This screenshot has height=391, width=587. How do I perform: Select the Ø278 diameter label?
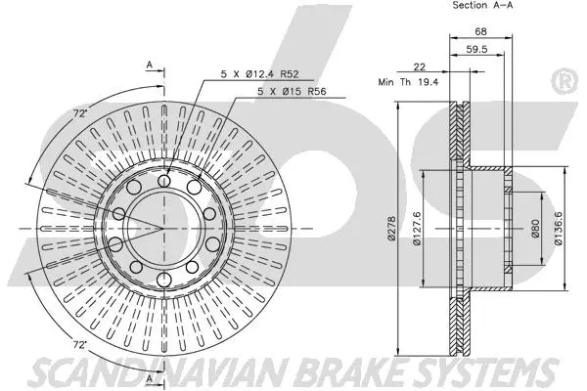(x=390, y=229)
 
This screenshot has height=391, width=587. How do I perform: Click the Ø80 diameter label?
(x=535, y=229)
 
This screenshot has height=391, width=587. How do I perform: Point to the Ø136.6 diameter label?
(x=560, y=229)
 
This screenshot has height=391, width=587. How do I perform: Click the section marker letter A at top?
(x=150, y=65)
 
